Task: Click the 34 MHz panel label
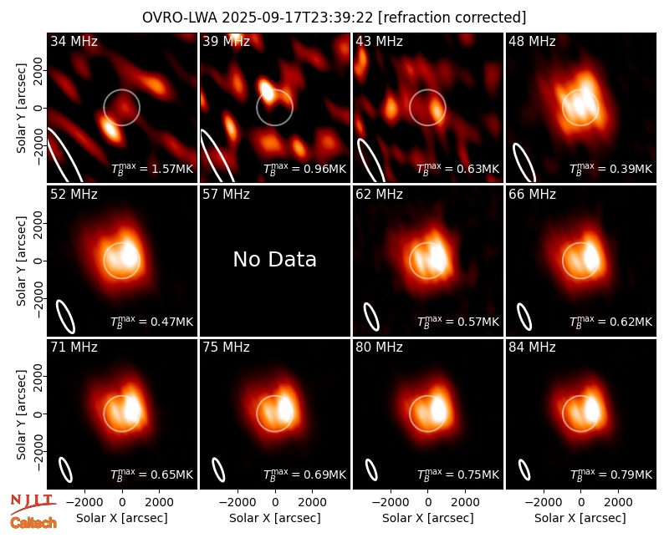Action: coord(74,41)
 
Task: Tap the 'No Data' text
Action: coord(275,259)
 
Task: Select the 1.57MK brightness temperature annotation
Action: coord(152,169)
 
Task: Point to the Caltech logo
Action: coord(33,523)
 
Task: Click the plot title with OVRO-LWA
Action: coord(334,18)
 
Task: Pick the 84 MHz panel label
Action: coord(532,348)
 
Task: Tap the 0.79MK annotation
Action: coord(611,474)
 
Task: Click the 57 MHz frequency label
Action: coord(226,195)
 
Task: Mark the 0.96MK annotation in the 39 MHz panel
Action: coord(305,169)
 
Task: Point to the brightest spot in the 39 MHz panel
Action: coord(267,90)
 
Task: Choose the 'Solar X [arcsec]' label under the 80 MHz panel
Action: coord(428,518)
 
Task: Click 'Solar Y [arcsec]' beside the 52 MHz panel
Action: coord(22,261)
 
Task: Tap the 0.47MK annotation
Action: coord(152,322)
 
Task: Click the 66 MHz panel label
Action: coord(532,195)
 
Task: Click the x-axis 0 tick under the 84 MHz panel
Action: coord(580,502)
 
